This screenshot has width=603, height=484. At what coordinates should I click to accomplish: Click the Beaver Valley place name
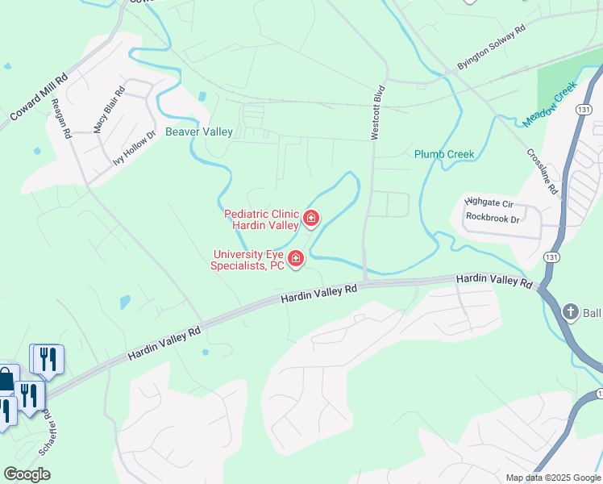point(199,131)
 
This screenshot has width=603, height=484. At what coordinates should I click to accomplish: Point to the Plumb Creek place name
point(444,154)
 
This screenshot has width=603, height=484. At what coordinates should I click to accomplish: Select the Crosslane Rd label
point(542,170)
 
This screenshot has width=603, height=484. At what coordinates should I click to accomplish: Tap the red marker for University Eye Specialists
point(297,258)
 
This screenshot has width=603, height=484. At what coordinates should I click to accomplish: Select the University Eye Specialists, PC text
point(247,259)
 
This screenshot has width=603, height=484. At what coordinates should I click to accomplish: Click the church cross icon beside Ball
point(570,312)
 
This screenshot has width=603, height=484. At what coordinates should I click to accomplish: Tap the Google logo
point(27,474)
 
